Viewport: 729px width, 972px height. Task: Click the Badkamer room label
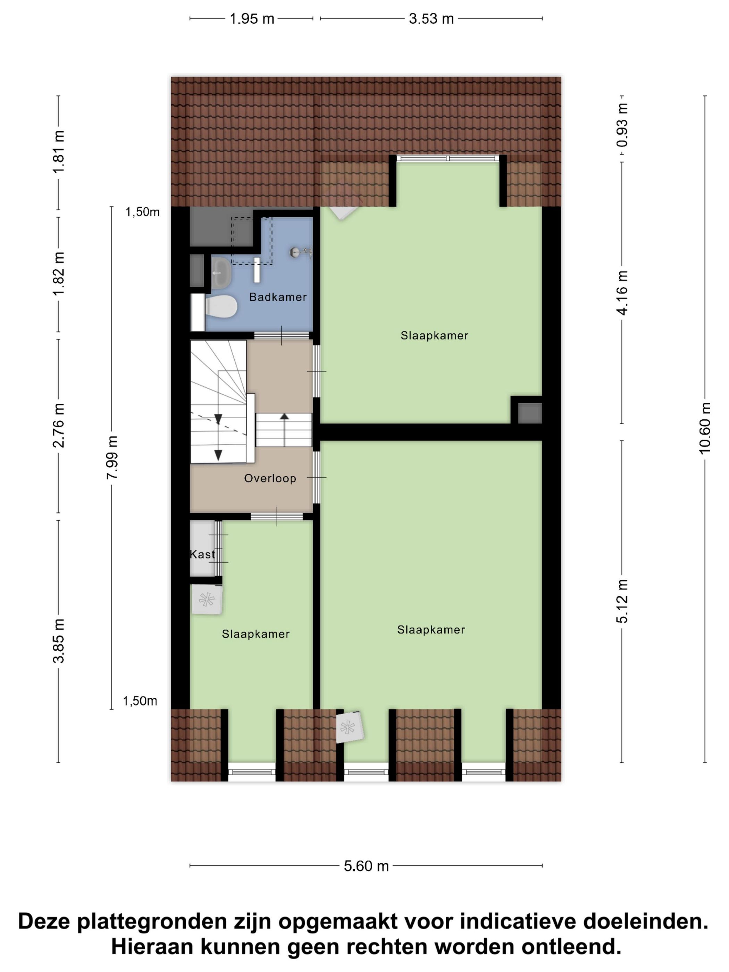point(278,297)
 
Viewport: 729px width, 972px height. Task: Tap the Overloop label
point(270,478)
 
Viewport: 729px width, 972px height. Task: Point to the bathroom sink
point(221,273)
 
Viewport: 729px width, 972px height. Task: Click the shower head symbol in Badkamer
point(301,252)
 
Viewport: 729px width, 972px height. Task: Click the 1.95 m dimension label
point(252,19)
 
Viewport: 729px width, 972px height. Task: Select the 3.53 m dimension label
point(431,19)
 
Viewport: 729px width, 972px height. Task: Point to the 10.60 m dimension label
point(704,428)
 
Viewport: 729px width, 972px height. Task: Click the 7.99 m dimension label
point(112,458)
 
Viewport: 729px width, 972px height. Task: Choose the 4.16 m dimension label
point(622,293)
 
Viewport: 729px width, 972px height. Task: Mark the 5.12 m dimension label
point(622,601)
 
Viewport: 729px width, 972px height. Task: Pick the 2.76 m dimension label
point(58,425)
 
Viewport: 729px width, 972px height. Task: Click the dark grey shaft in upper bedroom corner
point(529,413)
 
